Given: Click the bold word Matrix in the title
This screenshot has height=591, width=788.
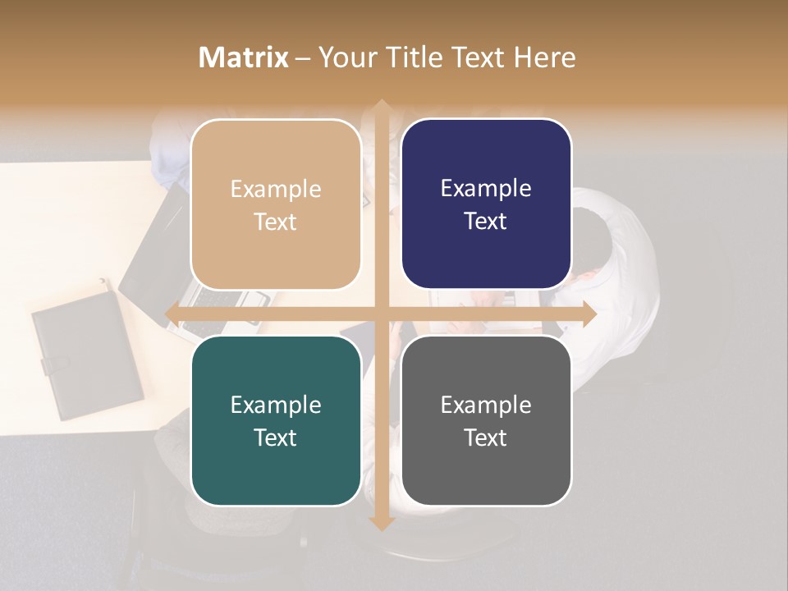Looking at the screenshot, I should click(244, 57).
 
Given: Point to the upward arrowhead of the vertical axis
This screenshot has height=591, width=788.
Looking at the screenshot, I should click(381, 107).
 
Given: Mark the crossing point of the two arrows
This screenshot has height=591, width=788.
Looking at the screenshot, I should click(381, 314).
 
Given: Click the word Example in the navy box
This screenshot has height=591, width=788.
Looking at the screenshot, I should click(486, 189).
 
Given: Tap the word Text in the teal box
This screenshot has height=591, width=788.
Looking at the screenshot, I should click(276, 438).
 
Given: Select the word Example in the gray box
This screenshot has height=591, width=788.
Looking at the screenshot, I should click(486, 405).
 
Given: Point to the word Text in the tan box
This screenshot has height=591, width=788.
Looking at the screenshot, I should click(276, 222).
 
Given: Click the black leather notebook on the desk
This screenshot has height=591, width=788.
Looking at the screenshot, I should click(86, 353).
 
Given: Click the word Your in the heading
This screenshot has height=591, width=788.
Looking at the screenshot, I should click(342, 57).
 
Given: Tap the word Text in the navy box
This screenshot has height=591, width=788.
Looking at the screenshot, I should click(486, 222).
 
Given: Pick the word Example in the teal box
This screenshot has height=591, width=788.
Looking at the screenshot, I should click(276, 405).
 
